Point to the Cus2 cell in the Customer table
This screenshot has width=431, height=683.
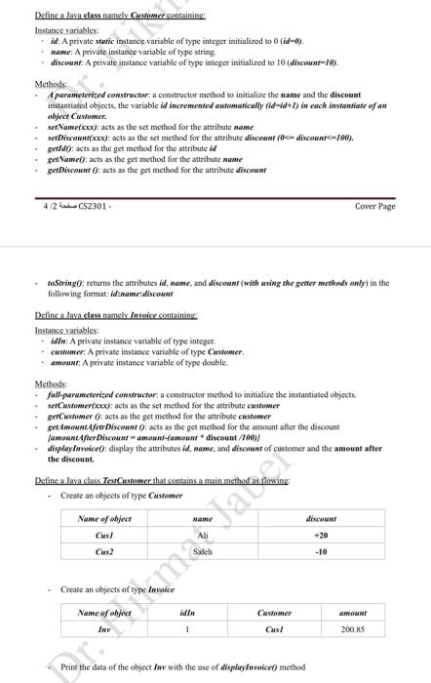tap(105, 551)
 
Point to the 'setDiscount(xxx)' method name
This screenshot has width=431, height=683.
tap(79, 140)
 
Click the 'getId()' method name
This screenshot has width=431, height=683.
tap(59, 149)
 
